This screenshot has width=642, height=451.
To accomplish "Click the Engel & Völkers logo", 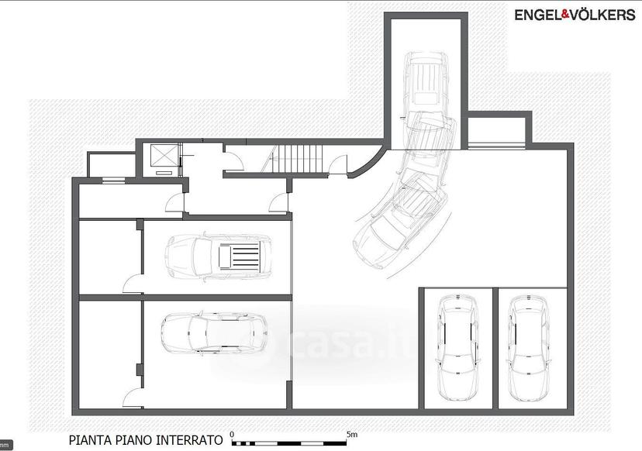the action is (x=575, y=15).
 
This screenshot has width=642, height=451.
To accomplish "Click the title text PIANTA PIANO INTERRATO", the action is (x=146, y=440).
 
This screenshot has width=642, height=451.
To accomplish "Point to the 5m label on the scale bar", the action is (x=352, y=434).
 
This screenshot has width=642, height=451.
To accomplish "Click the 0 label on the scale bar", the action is (x=232, y=435).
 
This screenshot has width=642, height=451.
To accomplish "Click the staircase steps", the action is (x=297, y=160).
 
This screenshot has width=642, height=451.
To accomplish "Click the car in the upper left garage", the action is (x=218, y=256).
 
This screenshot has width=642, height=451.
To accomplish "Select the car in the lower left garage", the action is (x=215, y=333).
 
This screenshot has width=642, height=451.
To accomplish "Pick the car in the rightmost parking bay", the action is (x=528, y=349).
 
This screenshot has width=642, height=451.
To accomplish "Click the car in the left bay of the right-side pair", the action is (x=457, y=348).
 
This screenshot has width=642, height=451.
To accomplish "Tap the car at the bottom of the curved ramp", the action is (x=393, y=229).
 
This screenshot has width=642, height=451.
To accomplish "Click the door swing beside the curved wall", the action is (x=338, y=165).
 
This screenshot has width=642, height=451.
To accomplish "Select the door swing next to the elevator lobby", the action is (x=234, y=161).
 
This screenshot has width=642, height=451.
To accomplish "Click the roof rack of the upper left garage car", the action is (x=240, y=256).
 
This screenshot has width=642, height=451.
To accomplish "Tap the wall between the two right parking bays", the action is (x=495, y=348).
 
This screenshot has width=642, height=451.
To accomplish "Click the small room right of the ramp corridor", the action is (x=496, y=130).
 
